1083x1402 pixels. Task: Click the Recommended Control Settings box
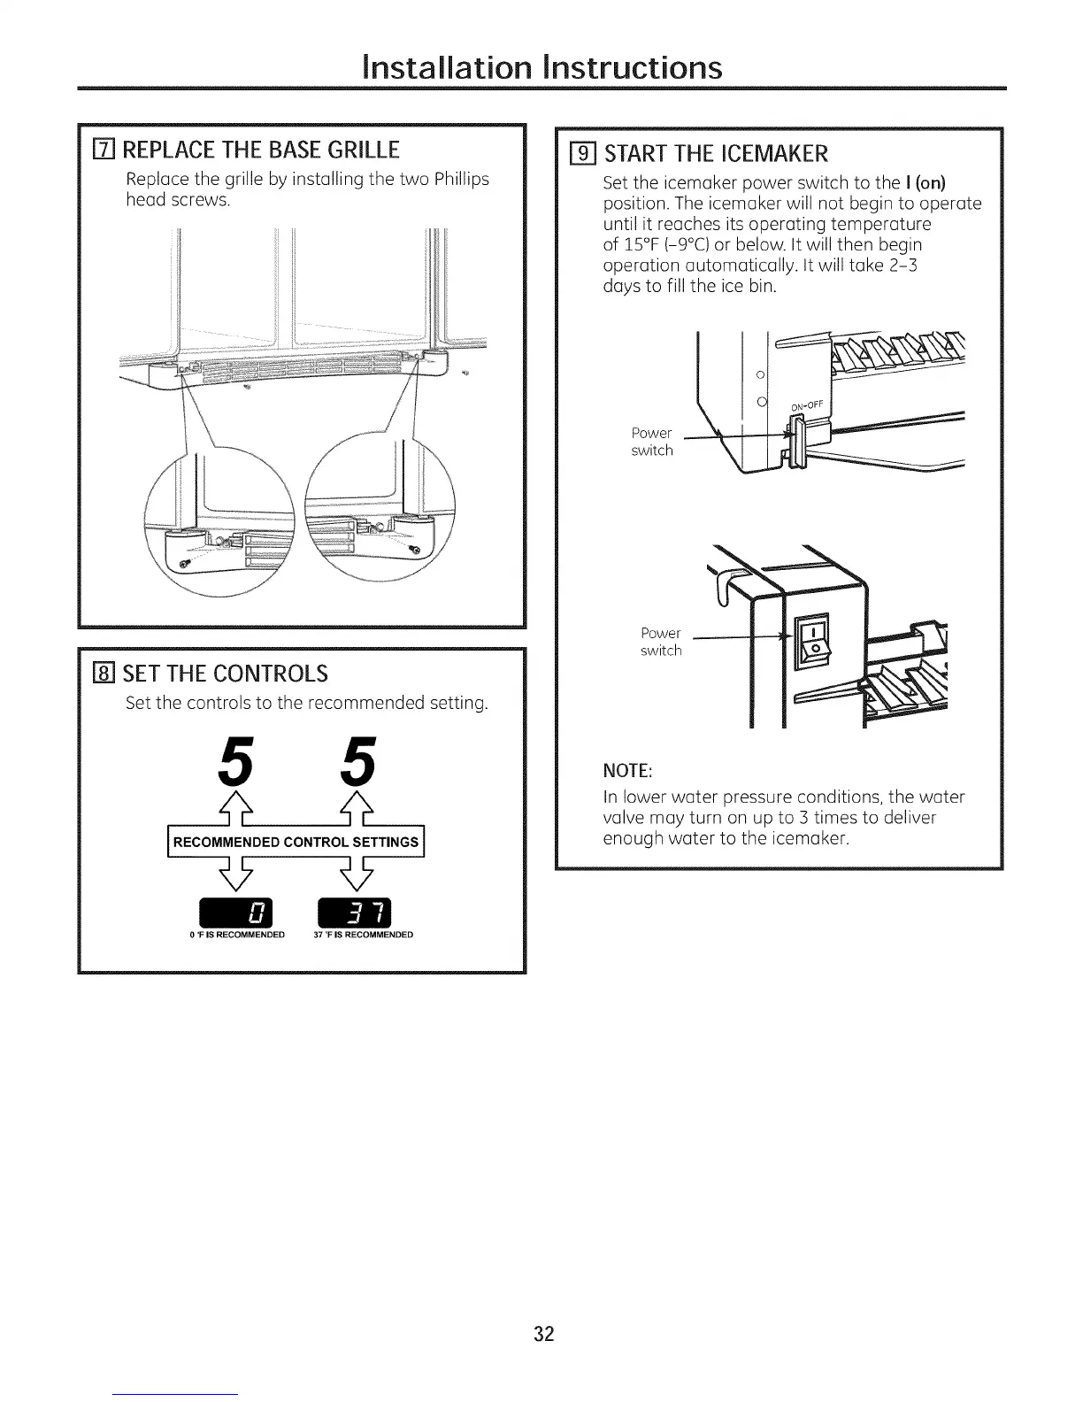296,842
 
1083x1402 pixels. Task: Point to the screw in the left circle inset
185,564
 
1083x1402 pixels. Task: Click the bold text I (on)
926,183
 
